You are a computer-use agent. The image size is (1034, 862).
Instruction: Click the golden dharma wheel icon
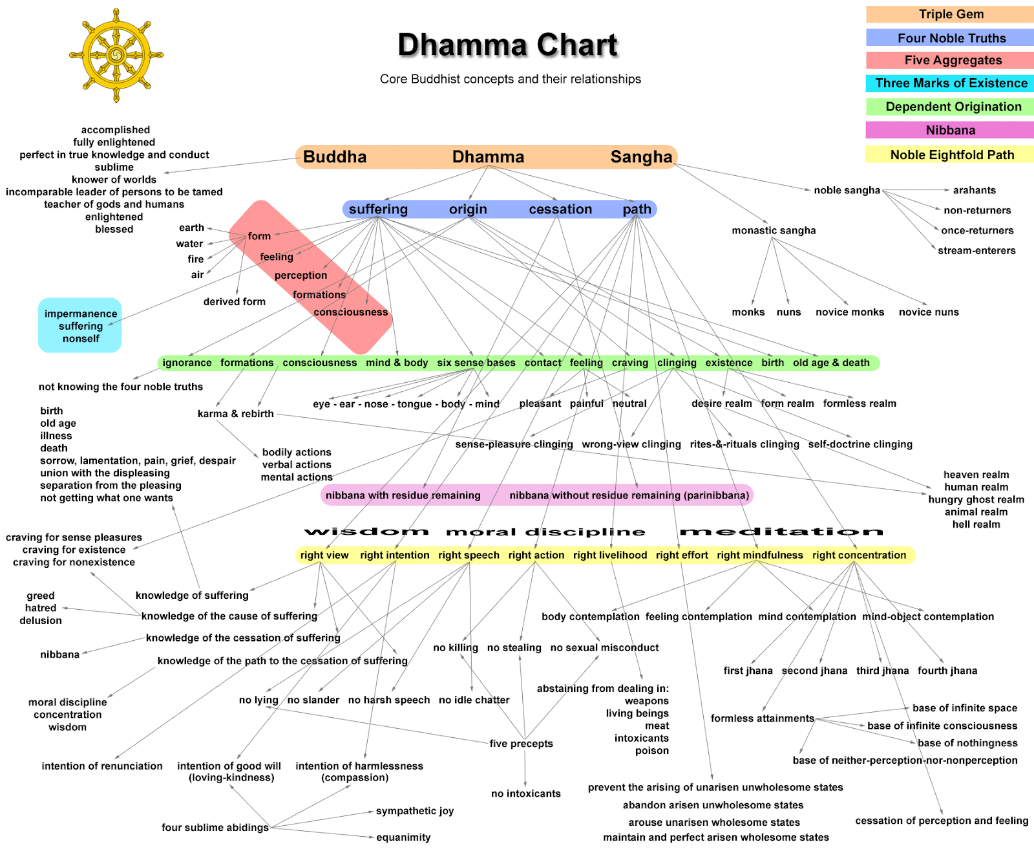[116, 55]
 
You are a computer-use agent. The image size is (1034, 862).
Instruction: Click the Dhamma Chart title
[508, 45]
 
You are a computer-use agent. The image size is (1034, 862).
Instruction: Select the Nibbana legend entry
[950, 130]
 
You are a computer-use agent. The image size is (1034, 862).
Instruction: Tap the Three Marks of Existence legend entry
[950, 83]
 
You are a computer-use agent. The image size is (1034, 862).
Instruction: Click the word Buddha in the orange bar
[335, 157]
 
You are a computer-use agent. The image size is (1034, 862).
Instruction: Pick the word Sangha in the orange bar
[641, 157]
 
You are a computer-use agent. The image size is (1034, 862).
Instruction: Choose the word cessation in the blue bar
[560, 210]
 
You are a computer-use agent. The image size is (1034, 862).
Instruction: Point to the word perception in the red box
[301, 275]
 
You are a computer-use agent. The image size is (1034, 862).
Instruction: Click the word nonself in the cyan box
[81, 339]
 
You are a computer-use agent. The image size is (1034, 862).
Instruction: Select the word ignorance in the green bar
[187, 363]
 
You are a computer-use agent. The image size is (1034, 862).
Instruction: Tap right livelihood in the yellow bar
[610, 555]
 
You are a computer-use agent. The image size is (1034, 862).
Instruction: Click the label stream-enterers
[976, 251]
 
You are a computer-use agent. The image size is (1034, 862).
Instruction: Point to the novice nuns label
[929, 312]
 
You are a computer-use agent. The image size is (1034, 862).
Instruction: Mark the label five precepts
[521, 744]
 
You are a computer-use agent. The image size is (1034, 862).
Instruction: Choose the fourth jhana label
[947, 671]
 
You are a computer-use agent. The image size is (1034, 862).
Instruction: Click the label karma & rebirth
[236, 414]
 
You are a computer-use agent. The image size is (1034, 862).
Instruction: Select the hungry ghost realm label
[976, 500]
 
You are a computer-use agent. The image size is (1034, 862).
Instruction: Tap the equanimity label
[403, 837]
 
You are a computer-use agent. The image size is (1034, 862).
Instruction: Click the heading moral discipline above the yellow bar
[545, 532]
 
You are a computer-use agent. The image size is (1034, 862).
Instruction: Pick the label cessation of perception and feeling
[942, 821]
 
